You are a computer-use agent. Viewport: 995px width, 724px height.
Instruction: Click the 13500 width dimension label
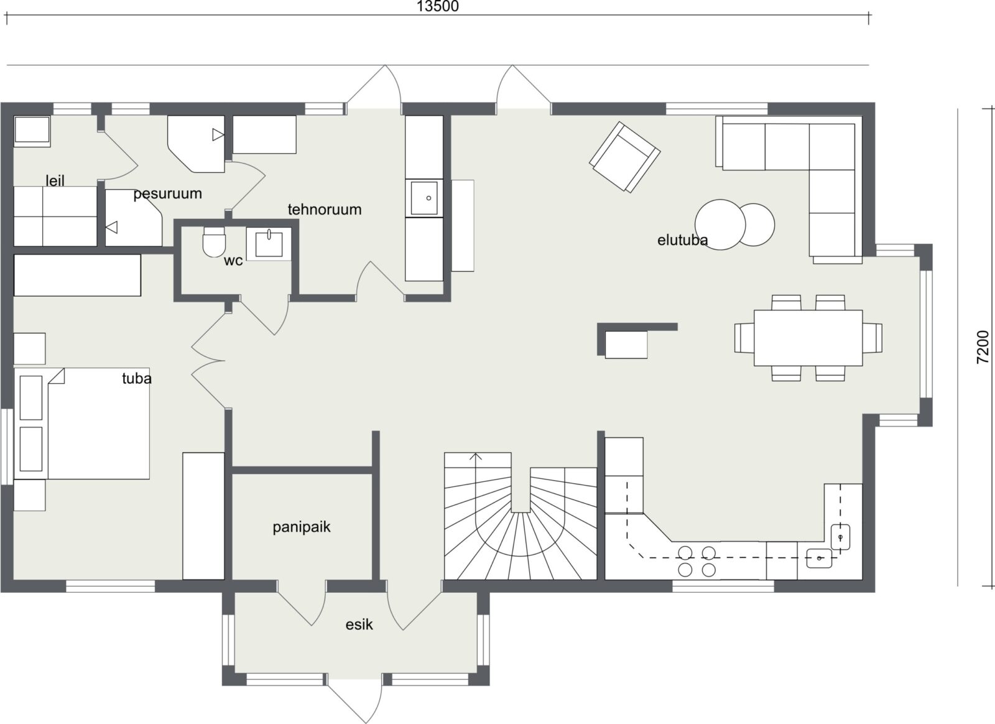tap(438, 7)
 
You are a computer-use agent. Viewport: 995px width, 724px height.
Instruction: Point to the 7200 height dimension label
tap(983, 347)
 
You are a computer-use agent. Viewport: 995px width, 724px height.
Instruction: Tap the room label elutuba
tap(682, 240)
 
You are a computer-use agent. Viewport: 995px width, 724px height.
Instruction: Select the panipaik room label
tap(302, 527)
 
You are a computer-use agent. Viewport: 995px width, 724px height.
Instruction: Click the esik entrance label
tap(359, 624)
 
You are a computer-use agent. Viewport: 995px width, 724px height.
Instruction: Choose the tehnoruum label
tap(325, 209)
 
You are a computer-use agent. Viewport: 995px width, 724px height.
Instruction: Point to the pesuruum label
tap(167, 193)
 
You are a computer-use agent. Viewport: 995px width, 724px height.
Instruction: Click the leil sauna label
tap(55, 180)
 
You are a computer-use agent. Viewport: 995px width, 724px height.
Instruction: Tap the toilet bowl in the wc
tap(214, 242)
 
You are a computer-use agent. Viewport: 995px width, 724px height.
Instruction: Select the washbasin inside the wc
tap(269, 244)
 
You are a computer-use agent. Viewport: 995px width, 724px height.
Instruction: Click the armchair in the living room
tap(624, 157)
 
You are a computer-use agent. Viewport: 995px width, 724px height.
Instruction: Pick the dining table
tap(808, 338)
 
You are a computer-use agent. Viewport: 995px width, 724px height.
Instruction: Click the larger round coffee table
tap(720, 225)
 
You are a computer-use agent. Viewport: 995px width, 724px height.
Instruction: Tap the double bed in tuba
tap(81, 424)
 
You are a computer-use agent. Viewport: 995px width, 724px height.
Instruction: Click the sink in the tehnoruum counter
tap(423, 198)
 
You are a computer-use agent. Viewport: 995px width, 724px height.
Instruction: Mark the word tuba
tap(137, 378)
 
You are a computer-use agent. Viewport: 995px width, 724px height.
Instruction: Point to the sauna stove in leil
tap(32, 131)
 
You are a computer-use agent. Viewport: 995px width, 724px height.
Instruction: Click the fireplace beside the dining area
tap(626, 344)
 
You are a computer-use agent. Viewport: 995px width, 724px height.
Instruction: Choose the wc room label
tap(233, 261)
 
